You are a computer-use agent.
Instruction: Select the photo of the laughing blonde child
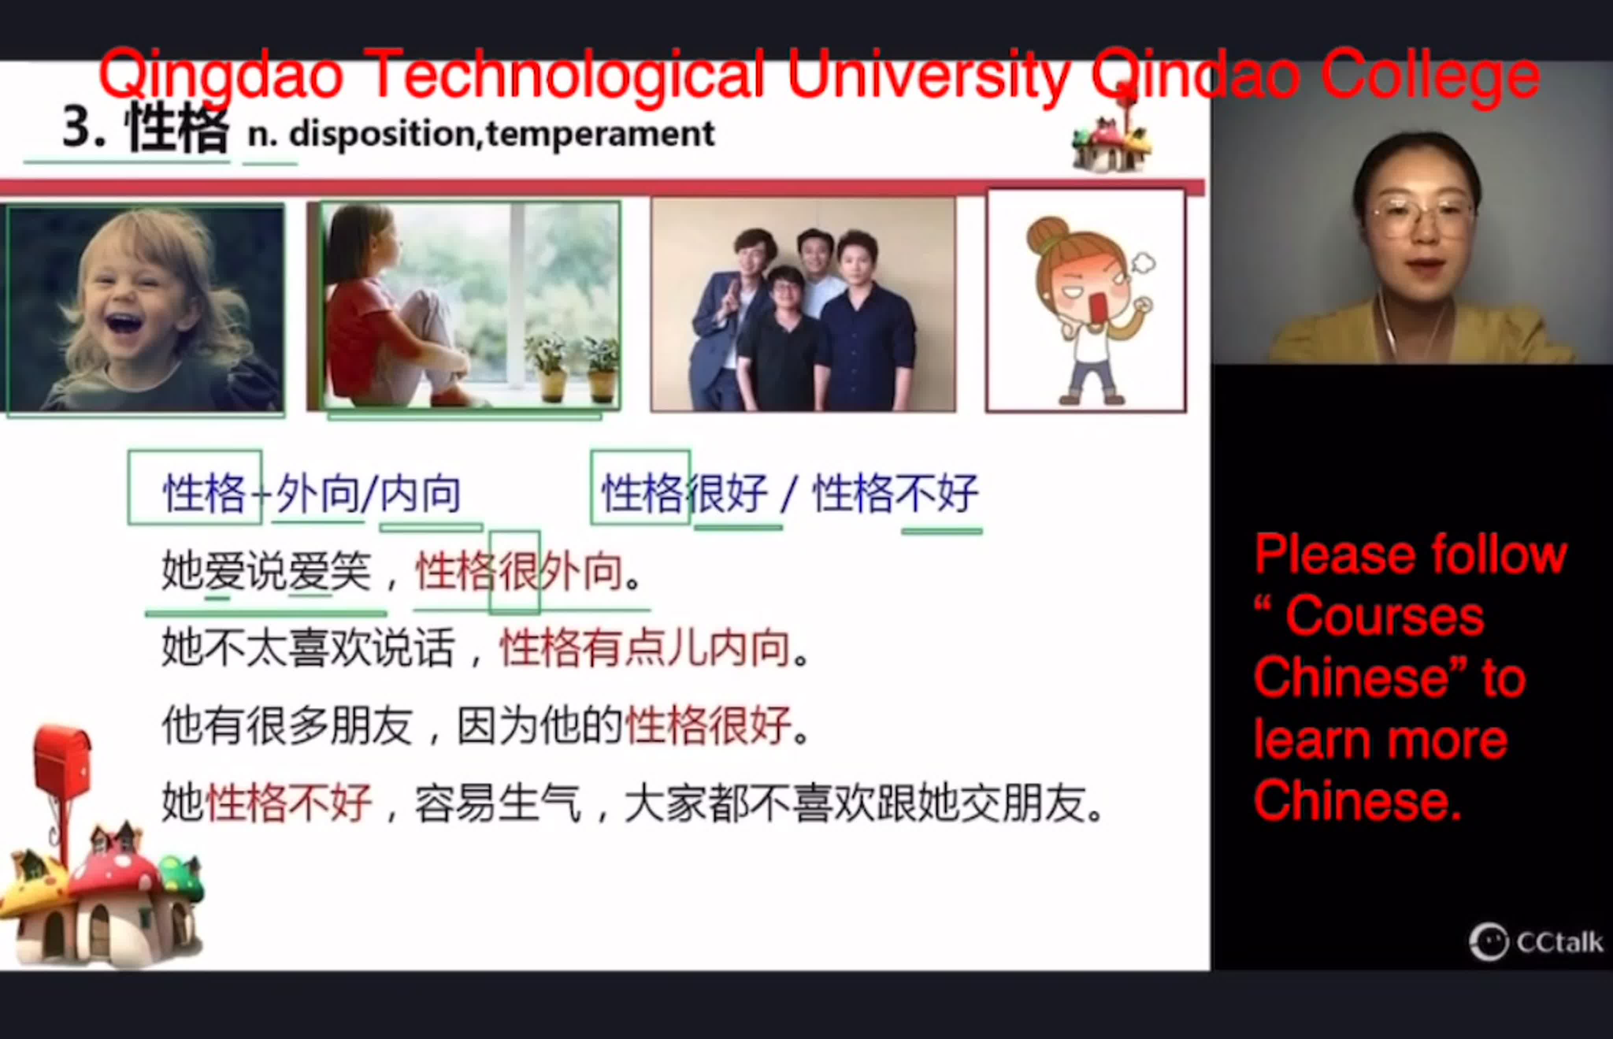pos(145,308)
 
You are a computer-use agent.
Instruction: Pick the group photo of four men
pos(803,304)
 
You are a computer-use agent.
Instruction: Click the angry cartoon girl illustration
pos(1085,301)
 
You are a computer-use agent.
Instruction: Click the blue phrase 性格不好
pos(895,493)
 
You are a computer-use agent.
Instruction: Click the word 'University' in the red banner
pos(929,74)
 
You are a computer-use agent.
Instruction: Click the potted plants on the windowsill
pos(572,368)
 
